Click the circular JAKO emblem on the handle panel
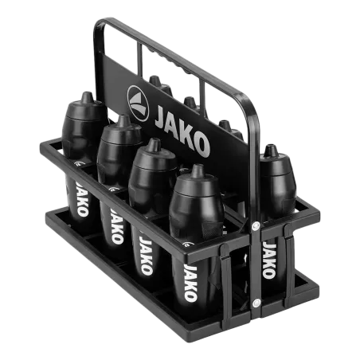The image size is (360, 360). (138, 104)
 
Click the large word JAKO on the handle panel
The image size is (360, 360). (182, 131)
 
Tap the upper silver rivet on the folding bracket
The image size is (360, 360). (256, 226)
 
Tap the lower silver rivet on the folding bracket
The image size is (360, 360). (256, 303)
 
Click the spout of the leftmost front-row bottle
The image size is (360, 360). (87, 98)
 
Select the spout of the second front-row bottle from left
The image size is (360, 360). (123, 121)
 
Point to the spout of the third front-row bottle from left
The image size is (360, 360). (155, 145)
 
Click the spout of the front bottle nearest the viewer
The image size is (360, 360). (198, 171)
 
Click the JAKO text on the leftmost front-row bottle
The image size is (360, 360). (82, 198)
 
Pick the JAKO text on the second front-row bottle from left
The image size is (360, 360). (117, 226)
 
